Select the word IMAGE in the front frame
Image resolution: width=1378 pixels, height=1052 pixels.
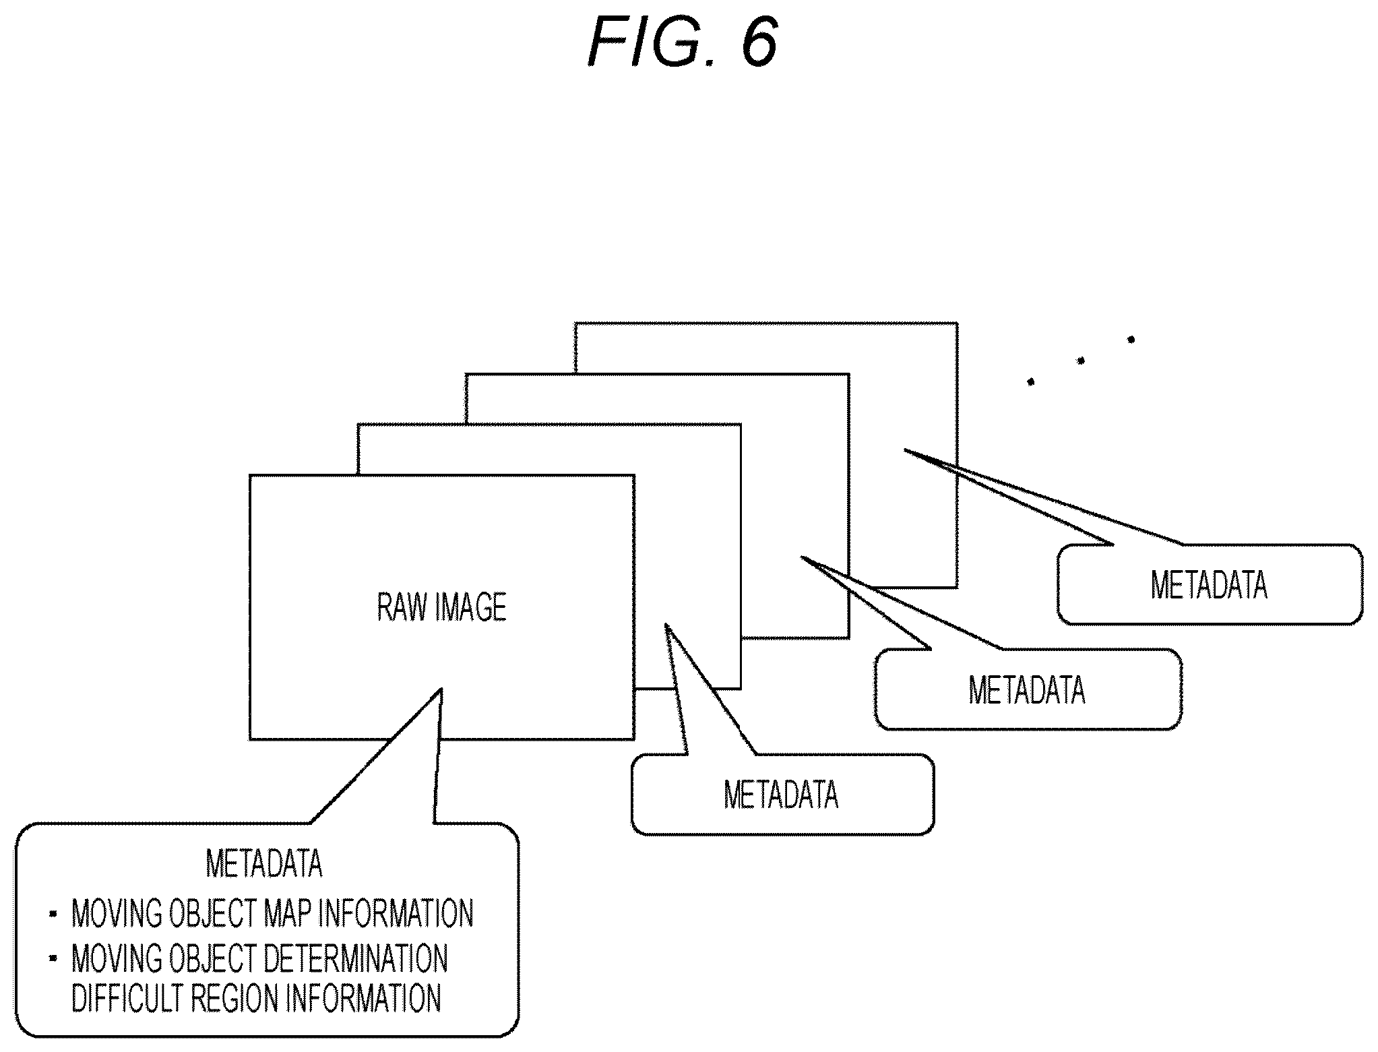472,607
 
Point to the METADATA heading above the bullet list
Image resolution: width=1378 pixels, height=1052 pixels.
264,863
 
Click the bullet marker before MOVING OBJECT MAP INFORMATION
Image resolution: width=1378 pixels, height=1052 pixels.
53,914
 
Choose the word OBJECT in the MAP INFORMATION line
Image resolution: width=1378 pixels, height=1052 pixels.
211,913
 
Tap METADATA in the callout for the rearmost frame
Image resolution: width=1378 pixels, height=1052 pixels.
1210,584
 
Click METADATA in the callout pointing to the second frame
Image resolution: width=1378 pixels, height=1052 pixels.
782,795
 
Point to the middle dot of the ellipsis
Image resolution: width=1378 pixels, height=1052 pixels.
1081,361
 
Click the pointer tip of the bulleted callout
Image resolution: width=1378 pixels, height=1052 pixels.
441,688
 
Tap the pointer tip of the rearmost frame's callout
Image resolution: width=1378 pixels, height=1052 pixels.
904,449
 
